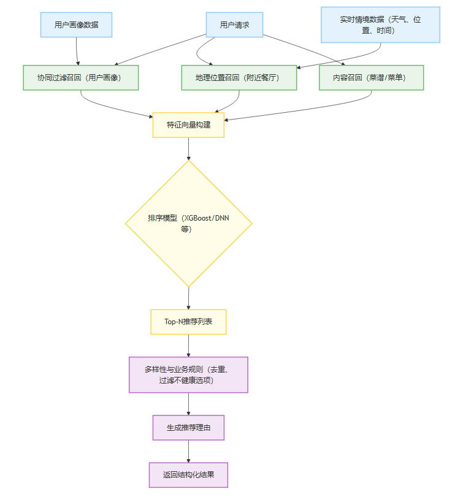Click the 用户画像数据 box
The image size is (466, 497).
coord(76,25)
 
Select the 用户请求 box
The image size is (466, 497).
coord(234,25)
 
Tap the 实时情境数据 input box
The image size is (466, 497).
coord(380,25)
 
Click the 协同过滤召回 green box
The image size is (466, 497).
coord(81,78)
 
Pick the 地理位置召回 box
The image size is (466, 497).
coord(239,78)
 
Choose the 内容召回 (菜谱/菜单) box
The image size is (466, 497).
coord(371,78)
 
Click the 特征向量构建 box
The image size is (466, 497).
coord(188,125)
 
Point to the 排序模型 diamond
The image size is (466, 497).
coord(188,223)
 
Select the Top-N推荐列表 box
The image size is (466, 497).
coord(188,322)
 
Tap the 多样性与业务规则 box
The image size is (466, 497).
coord(188,374)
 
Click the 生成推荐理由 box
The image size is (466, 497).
coord(188,428)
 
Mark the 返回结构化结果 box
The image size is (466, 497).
coord(188,475)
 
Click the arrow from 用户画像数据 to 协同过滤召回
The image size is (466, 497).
coord(77,51)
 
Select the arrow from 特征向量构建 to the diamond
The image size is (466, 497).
coord(188,148)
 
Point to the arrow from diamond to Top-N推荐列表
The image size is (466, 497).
coord(188,298)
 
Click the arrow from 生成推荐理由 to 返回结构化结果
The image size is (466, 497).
coord(188,451)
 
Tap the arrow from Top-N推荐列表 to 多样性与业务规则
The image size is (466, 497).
coord(188,345)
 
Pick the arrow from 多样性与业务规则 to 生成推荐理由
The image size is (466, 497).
coord(188,404)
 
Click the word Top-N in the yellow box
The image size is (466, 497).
coord(175,322)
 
